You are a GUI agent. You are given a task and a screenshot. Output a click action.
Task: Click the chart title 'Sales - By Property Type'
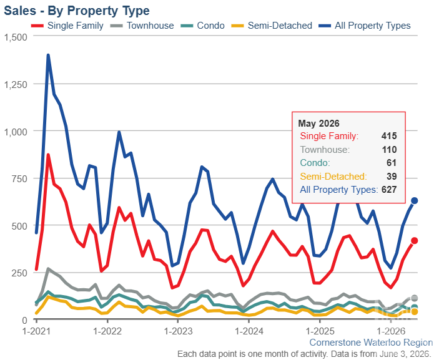(77, 11)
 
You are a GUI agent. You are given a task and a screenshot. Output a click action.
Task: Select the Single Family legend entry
(67, 26)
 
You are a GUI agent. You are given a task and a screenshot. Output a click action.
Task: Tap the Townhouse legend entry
(142, 26)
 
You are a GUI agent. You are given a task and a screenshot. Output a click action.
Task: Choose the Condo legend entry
(202, 26)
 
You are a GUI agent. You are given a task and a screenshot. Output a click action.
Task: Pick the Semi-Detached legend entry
(272, 26)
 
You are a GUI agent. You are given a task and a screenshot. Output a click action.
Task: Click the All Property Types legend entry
(365, 26)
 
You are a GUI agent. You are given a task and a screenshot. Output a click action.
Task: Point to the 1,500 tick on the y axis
(16, 37)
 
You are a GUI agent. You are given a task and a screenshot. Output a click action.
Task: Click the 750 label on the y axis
(19, 178)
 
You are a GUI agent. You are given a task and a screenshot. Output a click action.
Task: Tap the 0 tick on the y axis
(24, 320)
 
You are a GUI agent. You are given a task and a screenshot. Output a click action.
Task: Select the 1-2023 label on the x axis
(178, 331)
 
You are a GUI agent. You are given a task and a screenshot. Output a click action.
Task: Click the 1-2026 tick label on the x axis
(391, 331)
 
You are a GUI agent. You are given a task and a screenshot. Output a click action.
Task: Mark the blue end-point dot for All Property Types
(415, 200)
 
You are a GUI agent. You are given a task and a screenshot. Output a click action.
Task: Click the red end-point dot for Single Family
(415, 241)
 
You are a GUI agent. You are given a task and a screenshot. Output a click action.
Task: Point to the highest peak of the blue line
(48, 55)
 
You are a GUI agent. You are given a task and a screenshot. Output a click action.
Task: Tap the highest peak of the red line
(48, 155)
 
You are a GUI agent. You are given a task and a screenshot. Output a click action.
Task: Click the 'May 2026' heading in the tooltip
(318, 124)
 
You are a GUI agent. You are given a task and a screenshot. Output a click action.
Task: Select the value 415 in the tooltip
(389, 136)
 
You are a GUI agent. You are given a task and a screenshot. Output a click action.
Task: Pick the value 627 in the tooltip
(389, 190)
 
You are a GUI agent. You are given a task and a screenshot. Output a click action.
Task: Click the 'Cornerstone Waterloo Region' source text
(372, 343)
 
